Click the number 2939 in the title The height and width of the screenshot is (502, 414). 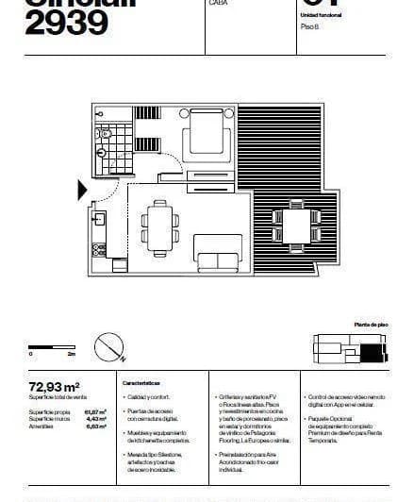coord(67,24)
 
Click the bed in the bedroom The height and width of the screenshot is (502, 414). coord(206,139)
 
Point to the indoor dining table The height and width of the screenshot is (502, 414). coord(159,228)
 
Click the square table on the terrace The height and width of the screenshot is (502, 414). coord(295,227)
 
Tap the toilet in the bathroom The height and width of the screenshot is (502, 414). coord(105,144)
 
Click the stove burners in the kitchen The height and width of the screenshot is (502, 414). coord(97,249)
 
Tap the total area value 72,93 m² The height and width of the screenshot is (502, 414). coord(54,386)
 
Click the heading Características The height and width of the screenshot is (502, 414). coord(141,384)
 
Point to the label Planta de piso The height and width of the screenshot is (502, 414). coord(369,324)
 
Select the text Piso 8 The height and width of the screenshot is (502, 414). coord(310,28)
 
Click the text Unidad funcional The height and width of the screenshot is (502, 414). coord(322,16)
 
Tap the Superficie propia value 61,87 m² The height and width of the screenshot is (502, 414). coord(95,411)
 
